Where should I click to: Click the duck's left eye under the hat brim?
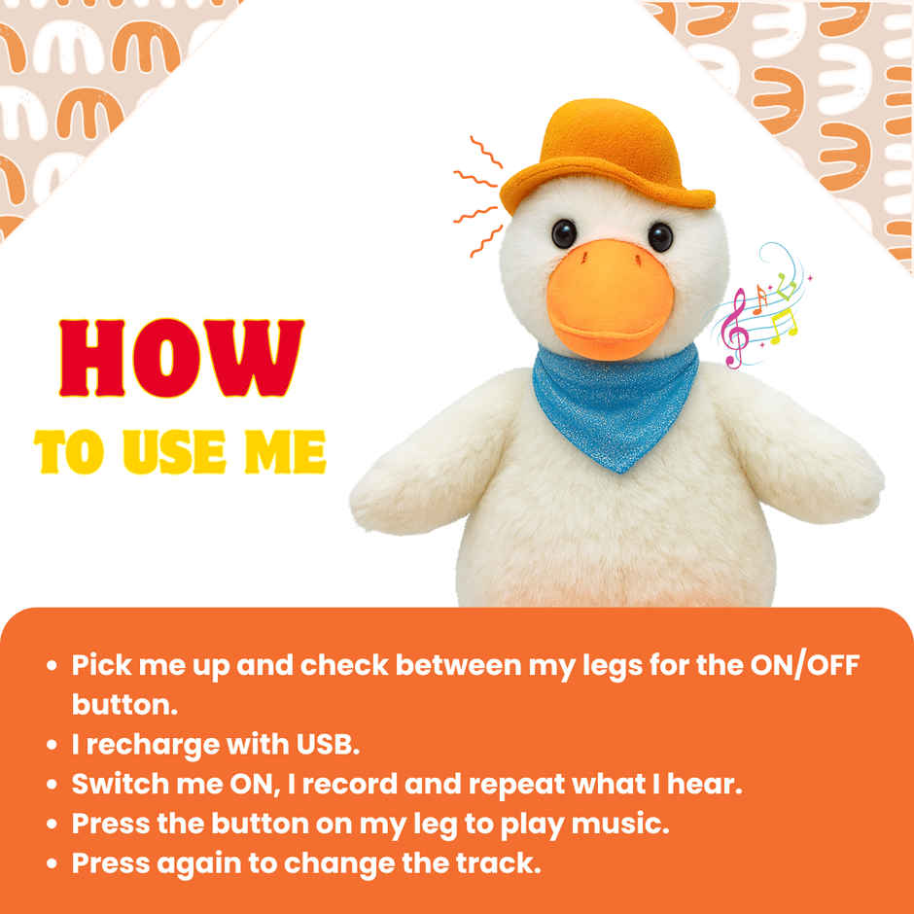pyautogui.click(x=564, y=233)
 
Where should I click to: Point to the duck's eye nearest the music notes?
pyautogui.click(x=660, y=235)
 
